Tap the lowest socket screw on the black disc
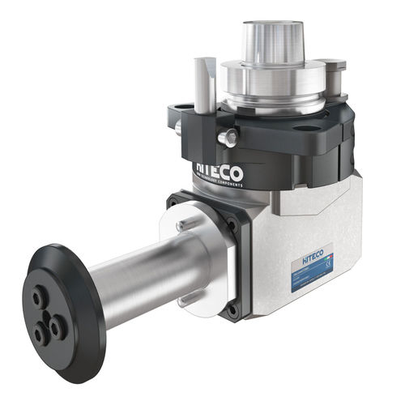pos(40,332)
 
